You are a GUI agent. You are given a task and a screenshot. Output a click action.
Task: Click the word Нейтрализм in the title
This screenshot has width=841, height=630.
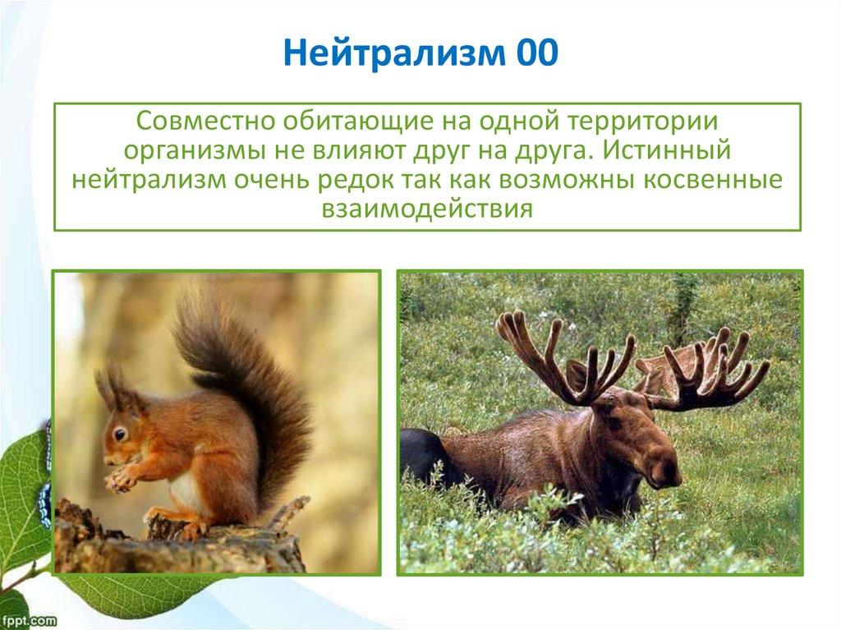click(394, 53)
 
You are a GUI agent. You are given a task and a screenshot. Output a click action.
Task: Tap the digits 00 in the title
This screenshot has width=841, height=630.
click(537, 53)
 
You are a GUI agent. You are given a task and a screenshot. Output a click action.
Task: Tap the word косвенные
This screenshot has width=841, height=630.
click(714, 181)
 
